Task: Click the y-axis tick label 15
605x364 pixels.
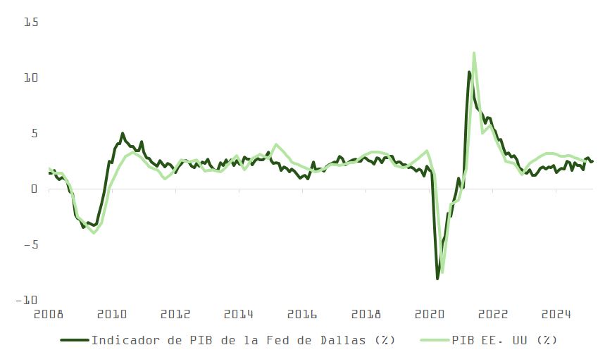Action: pyautogui.click(x=30, y=23)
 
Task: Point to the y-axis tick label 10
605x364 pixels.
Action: pyautogui.click(x=30, y=77)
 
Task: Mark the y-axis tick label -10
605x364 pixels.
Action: pyautogui.click(x=27, y=300)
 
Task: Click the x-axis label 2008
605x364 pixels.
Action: pyautogui.click(x=48, y=314)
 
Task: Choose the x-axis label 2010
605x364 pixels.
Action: pyautogui.click(x=112, y=314)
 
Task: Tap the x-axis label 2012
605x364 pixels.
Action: pyautogui.click(x=175, y=314)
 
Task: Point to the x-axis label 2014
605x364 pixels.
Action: pyautogui.click(x=239, y=314)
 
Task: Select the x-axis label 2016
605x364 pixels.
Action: pyautogui.click(x=303, y=314)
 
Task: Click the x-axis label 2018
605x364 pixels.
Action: pyautogui.click(x=366, y=314)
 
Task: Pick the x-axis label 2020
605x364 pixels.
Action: pyautogui.click(x=430, y=314)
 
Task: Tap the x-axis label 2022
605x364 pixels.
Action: pyautogui.click(x=493, y=314)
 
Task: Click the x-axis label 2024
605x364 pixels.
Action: pyautogui.click(x=556, y=314)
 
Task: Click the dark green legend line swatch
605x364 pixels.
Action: pyautogui.click(x=75, y=340)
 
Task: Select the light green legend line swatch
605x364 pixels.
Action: pyautogui.click(x=434, y=340)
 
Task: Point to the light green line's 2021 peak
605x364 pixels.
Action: pyautogui.click(x=474, y=53)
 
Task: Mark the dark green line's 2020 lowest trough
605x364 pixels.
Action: pyautogui.click(x=437, y=279)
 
